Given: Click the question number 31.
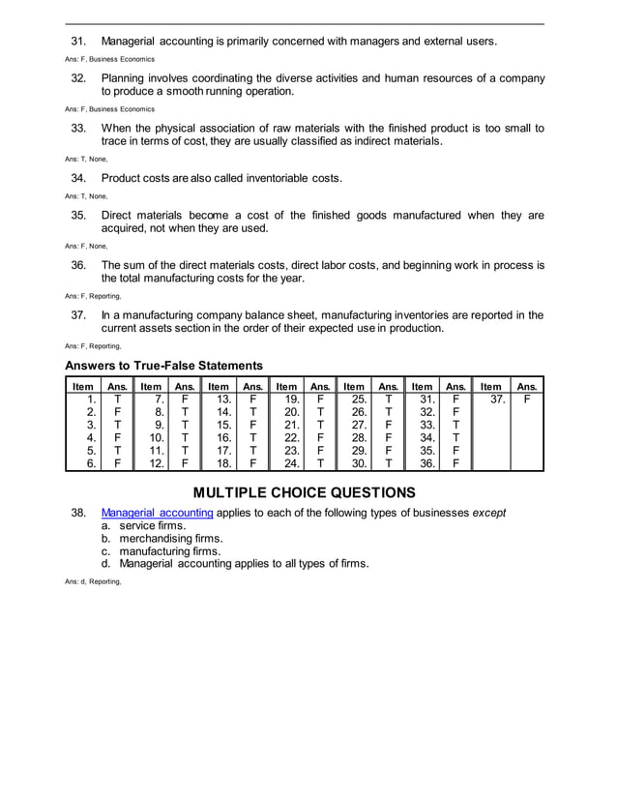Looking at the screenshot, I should pyautogui.click(x=79, y=42).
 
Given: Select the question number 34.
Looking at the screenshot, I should pyautogui.click(x=79, y=178).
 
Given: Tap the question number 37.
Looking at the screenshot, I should pyautogui.click(x=79, y=314).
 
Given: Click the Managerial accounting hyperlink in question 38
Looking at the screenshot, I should pyautogui.click(x=158, y=512).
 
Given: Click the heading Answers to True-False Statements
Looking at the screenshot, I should pyautogui.click(x=163, y=366).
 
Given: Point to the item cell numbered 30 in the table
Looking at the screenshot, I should pyautogui.click(x=355, y=463).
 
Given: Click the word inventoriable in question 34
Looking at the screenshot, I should pyautogui.click(x=275, y=178).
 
